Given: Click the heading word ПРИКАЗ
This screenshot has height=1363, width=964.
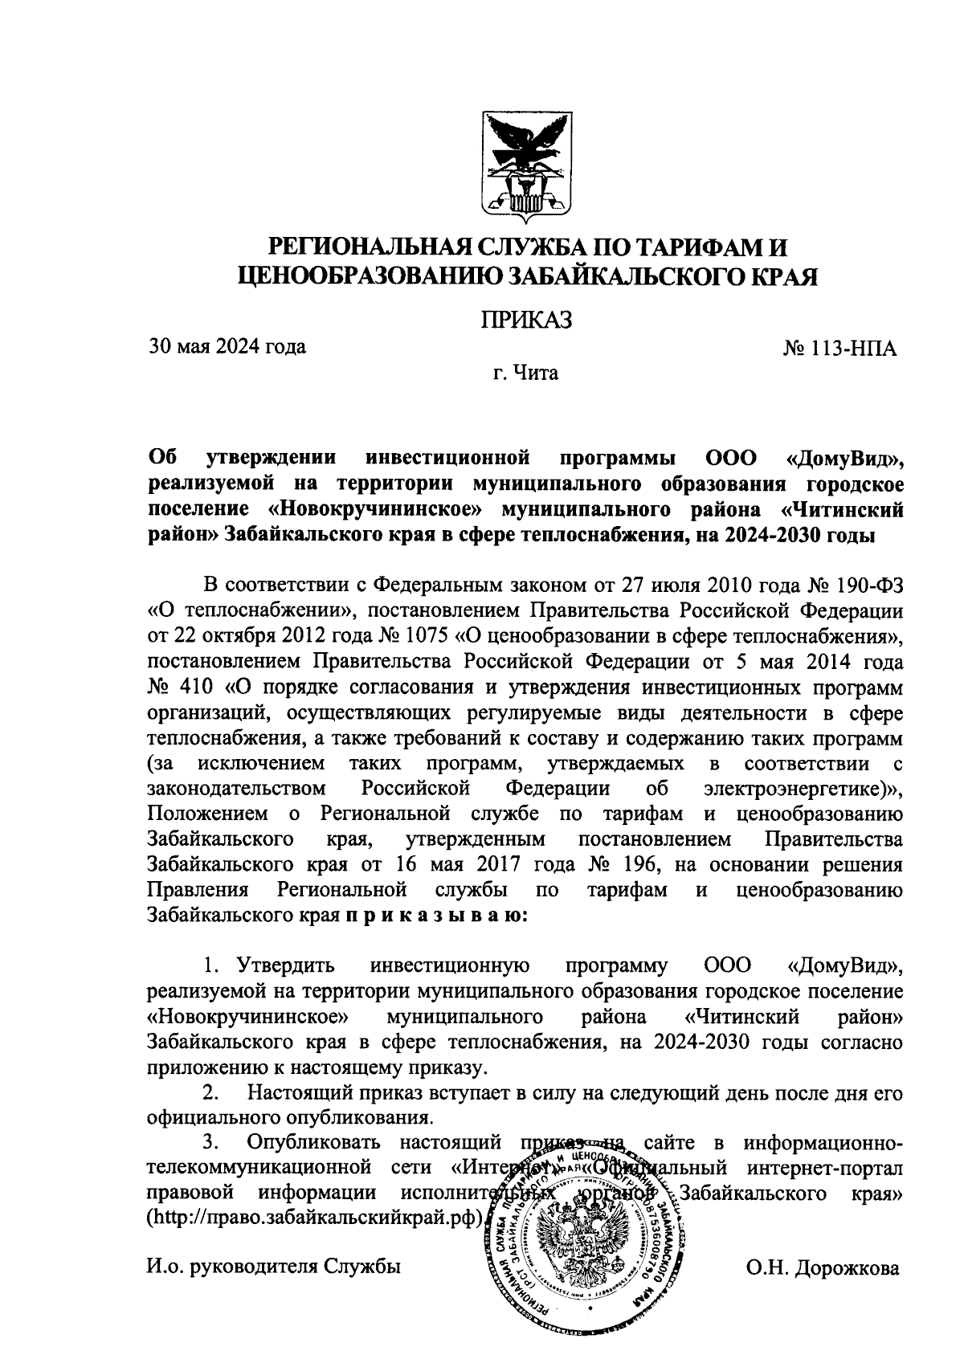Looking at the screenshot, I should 525,320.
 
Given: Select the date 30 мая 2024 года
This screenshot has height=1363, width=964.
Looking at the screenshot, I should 227,347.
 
